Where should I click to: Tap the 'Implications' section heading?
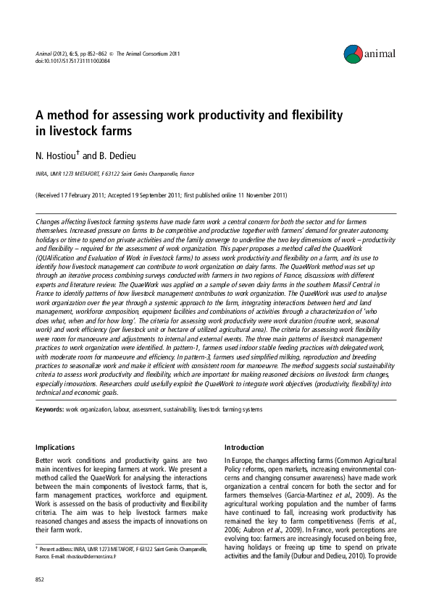click(x=56, y=448)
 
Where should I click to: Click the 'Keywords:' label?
click(x=49, y=409)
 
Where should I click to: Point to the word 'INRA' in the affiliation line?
click(x=43, y=174)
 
